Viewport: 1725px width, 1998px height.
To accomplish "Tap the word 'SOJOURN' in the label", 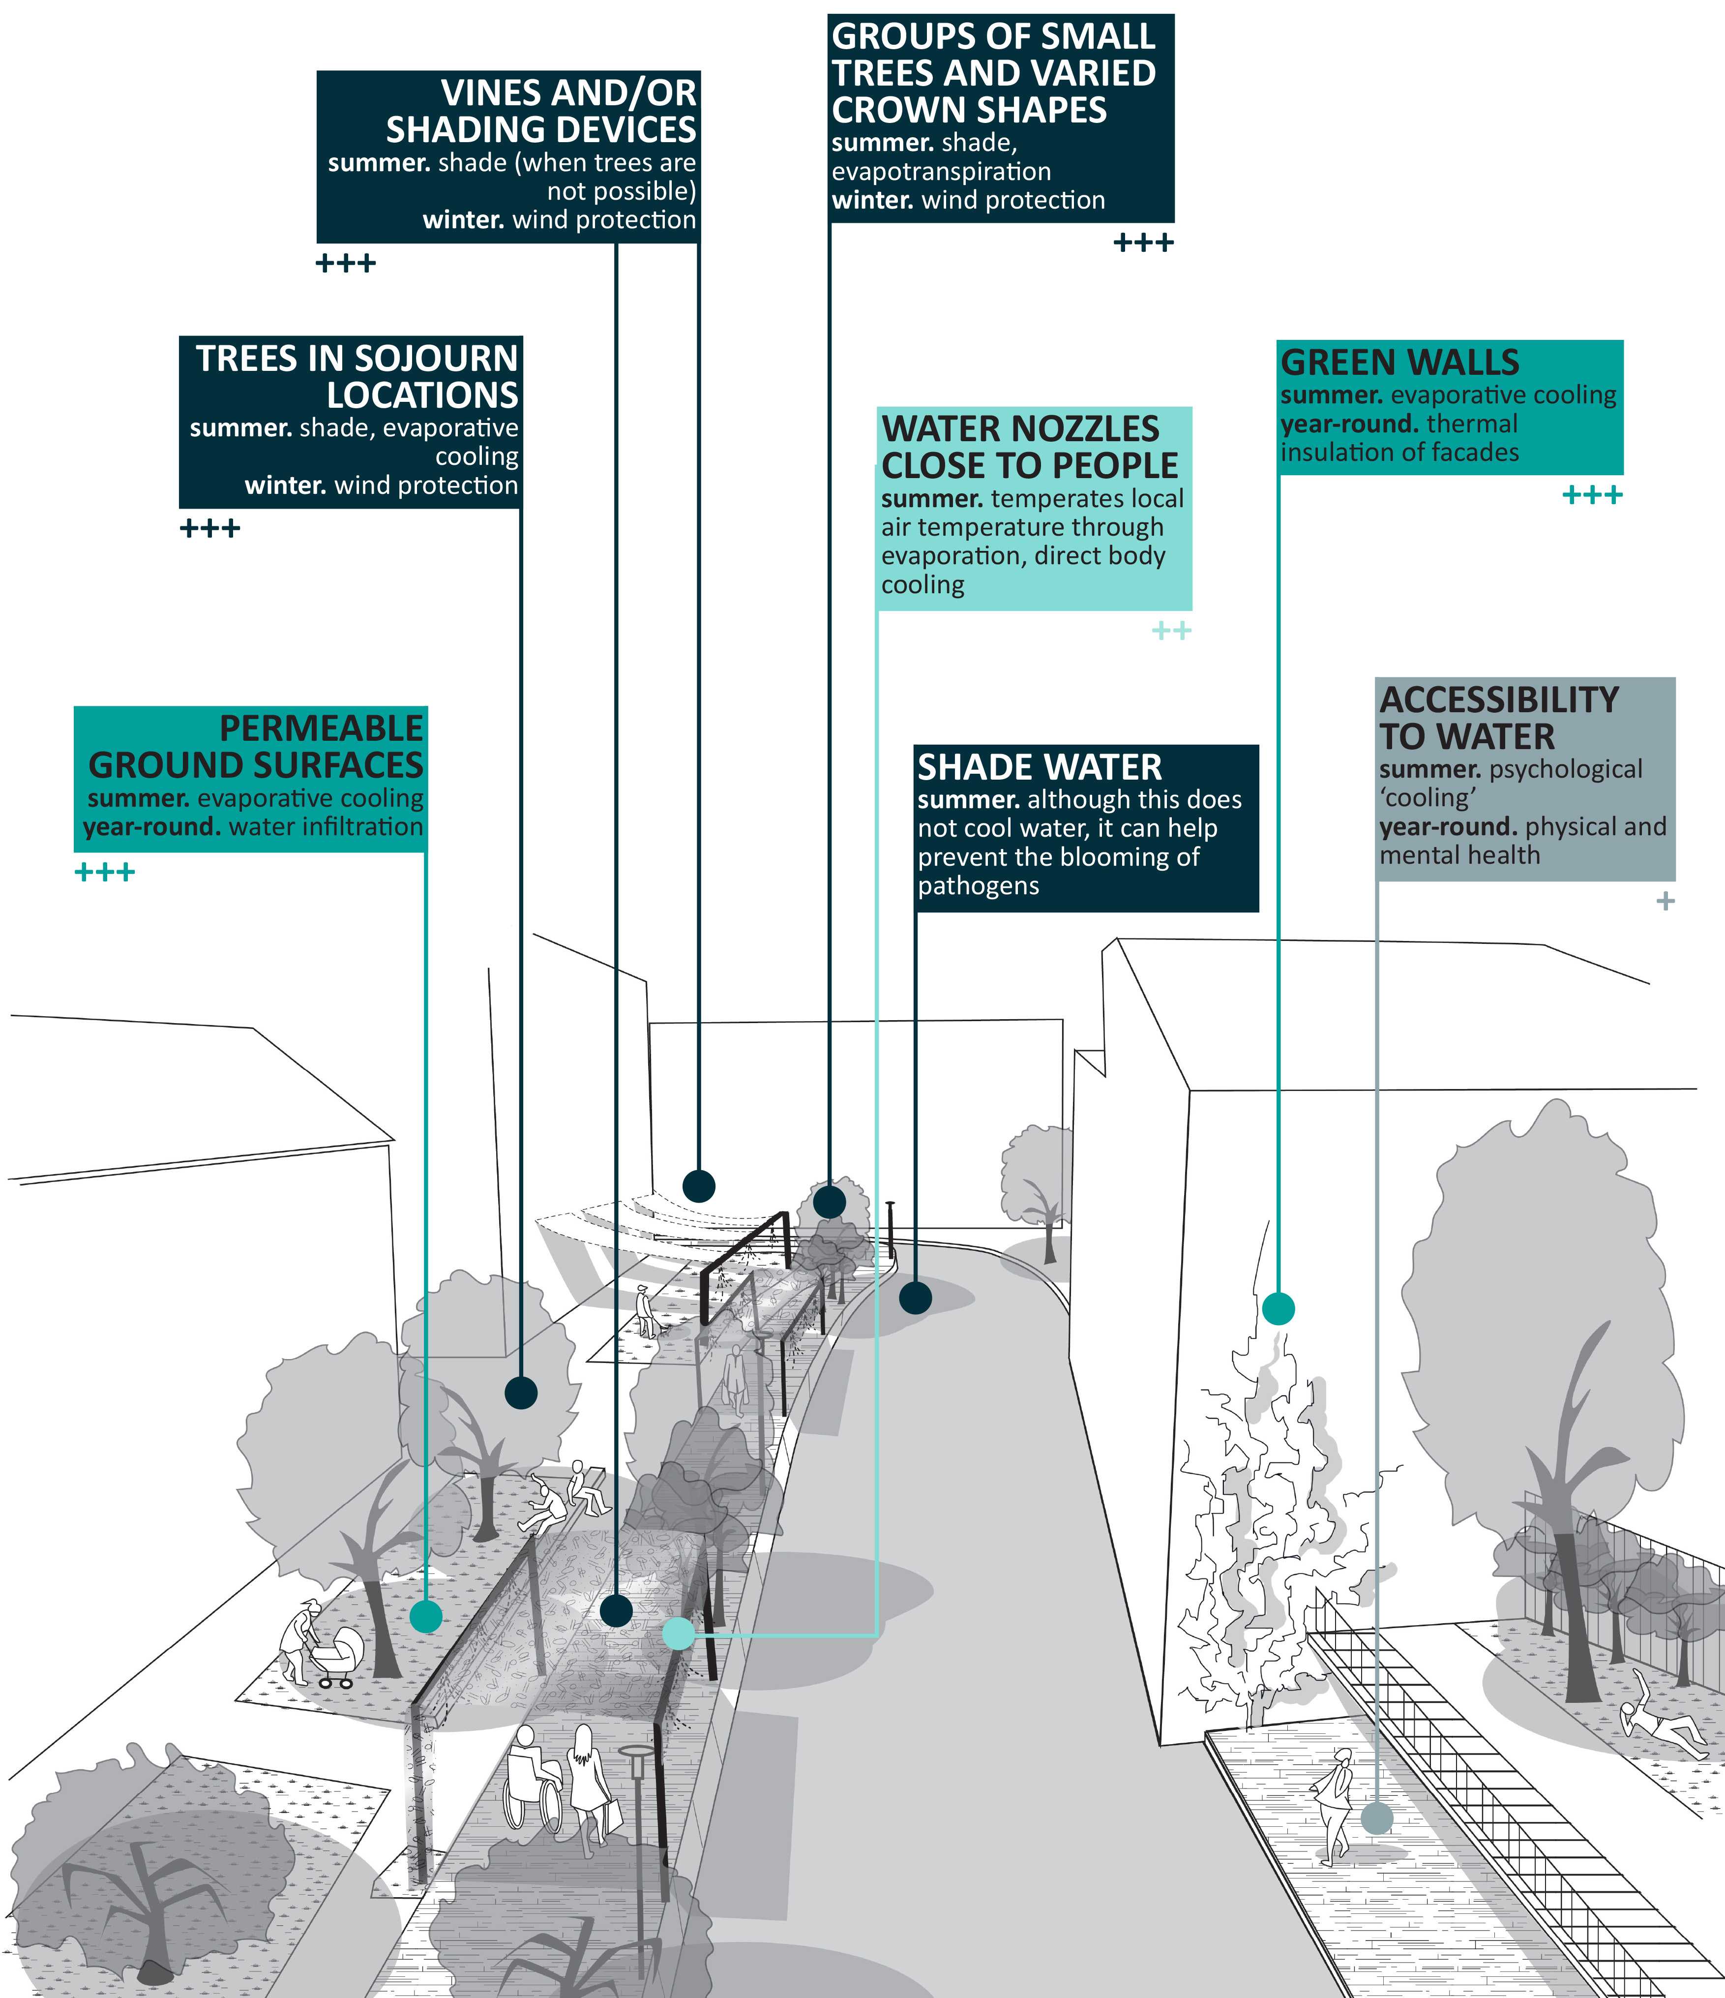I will (436, 359).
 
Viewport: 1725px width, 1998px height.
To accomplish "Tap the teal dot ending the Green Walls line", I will (1279, 1308).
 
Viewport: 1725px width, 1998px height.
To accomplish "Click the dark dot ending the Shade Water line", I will (915, 1298).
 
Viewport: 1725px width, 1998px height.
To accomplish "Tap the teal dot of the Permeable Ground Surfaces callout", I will (425, 1616).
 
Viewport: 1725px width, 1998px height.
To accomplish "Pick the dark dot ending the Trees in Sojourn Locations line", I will (521, 1393).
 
